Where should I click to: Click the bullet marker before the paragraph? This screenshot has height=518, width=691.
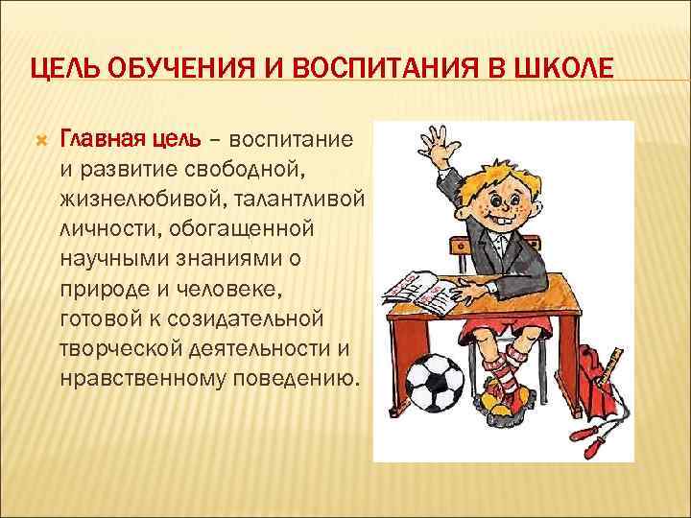40,141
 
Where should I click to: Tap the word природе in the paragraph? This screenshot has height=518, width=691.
106,289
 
